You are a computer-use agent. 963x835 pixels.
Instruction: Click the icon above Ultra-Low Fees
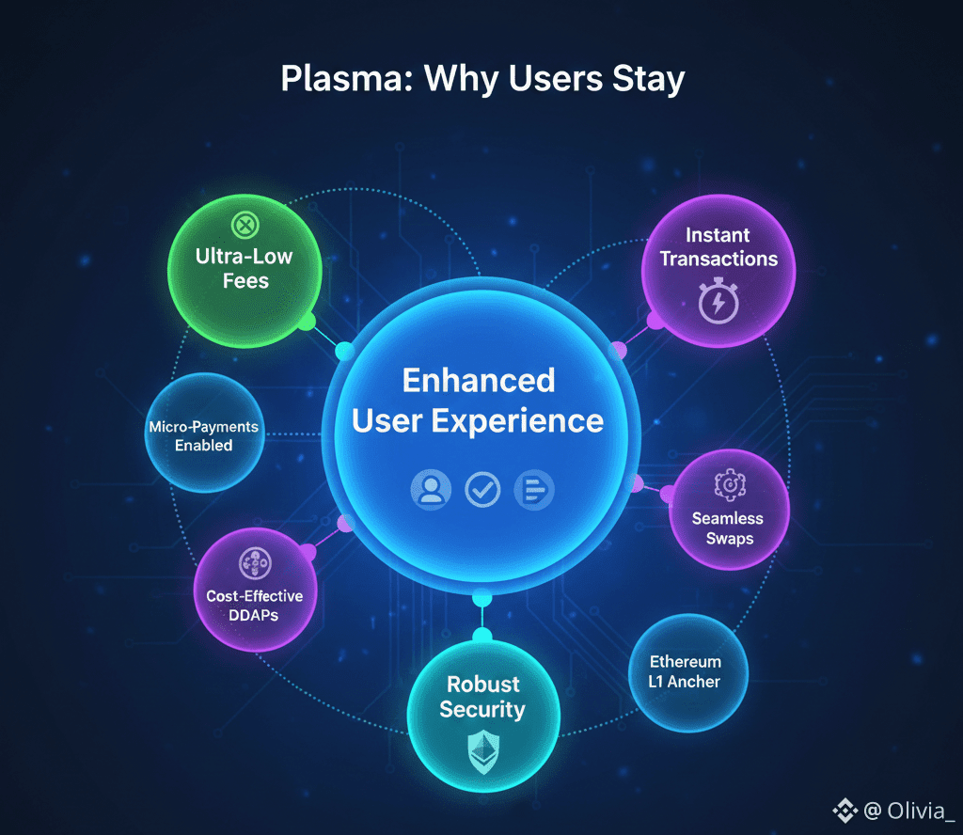pyautogui.click(x=245, y=226)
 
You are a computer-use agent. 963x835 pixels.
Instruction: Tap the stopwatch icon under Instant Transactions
pyautogui.click(x=718, y=302)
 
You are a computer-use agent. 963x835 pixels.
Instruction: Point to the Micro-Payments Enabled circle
pyautogui.click(x=203, y=434)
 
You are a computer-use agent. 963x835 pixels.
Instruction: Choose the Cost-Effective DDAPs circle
pyautogui.click(x=255, y=590)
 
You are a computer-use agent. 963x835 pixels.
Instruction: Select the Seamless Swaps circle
pyautogui.click(x=728, y=509)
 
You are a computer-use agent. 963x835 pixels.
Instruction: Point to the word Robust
pyautogui.click(x=483, y=684)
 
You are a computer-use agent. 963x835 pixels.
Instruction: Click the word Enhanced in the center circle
pyautogui.click(x=479, y=380)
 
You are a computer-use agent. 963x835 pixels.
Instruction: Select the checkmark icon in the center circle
pyautogui.click(x=483, y=490)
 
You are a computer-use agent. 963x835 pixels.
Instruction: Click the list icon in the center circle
pyautogui.click(x=535, y=490)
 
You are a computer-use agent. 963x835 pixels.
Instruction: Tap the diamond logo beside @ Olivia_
pyautogui.click(x=844, y=810)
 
